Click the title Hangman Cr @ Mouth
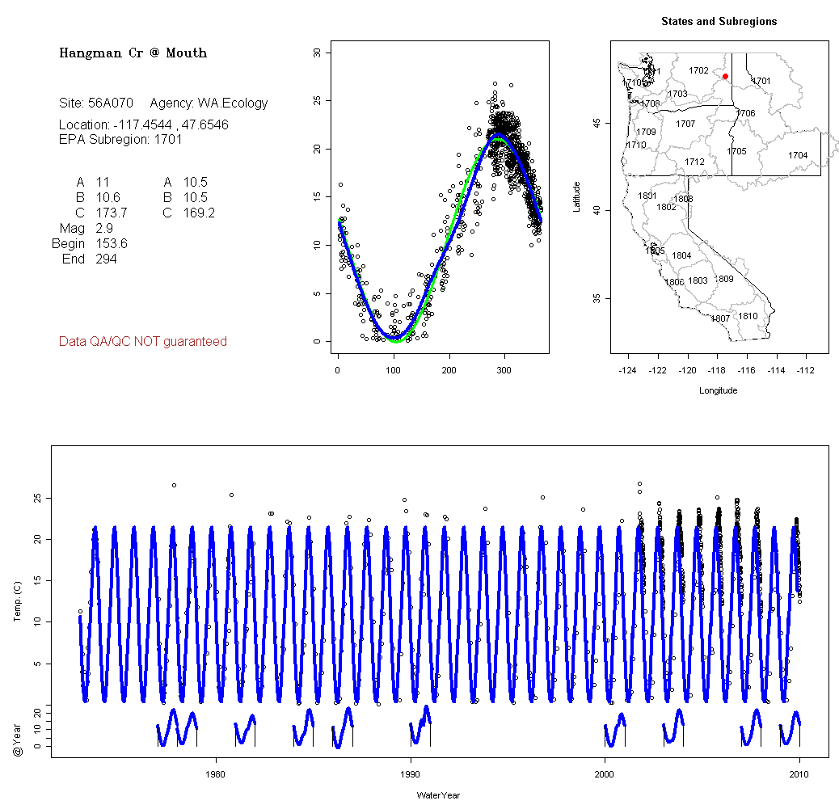click(x=133, y=53)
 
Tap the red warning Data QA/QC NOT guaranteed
click(x=142, y=342)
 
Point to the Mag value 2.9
click(x=104, y=229)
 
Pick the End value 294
click(x=106, y=259)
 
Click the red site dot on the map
click(x=725, y=77)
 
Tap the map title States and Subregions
click(x=719, y=22)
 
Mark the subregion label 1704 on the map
click(x=798, y=155)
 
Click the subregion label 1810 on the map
click(x=748, y=316)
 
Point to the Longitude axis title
click(x=718, y=390)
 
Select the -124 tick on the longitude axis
click(x=627, y=370)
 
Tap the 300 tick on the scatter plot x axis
click(x=504, y=370)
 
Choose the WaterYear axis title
click(x=438, y=795)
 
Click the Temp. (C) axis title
click(x=18, y=602)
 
